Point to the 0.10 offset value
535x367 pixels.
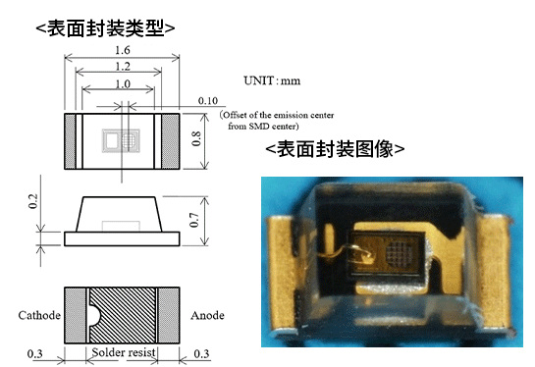point(206,101)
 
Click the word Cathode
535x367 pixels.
point(40,316)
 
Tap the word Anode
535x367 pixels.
point(207,316)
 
